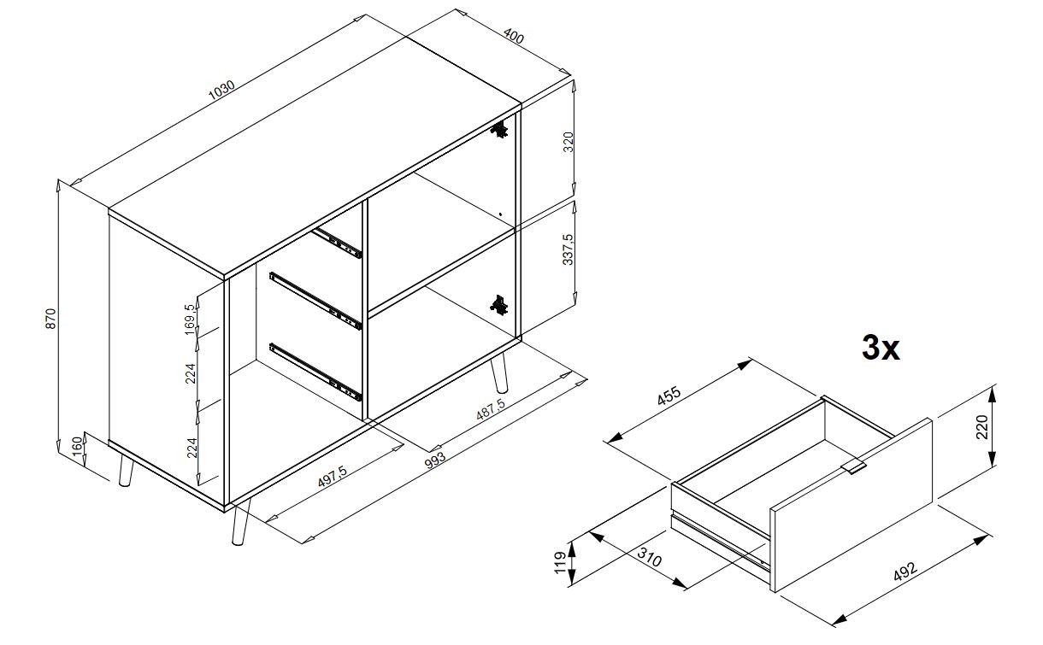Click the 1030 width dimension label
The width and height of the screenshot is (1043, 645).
221,91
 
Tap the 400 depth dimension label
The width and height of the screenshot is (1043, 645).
514,37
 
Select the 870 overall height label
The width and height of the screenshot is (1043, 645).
50,319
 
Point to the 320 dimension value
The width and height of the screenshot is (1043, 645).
569,142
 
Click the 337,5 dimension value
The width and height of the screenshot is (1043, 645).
568,249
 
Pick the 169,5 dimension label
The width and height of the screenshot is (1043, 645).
190,320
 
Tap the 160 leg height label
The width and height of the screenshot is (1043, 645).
77,445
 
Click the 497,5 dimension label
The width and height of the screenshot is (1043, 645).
333,476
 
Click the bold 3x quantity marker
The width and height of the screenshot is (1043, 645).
881,348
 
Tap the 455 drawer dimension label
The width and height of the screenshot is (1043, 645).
669,396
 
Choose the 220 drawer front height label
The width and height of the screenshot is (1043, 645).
981,427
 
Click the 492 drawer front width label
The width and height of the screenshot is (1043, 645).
905,572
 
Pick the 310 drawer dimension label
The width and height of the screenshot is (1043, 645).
649,557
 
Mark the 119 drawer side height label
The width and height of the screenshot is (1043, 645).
560,562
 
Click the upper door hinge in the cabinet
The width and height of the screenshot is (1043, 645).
499,130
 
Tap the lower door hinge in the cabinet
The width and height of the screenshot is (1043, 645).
498,305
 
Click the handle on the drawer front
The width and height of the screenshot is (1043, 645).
856,467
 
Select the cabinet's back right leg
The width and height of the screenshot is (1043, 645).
498,372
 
